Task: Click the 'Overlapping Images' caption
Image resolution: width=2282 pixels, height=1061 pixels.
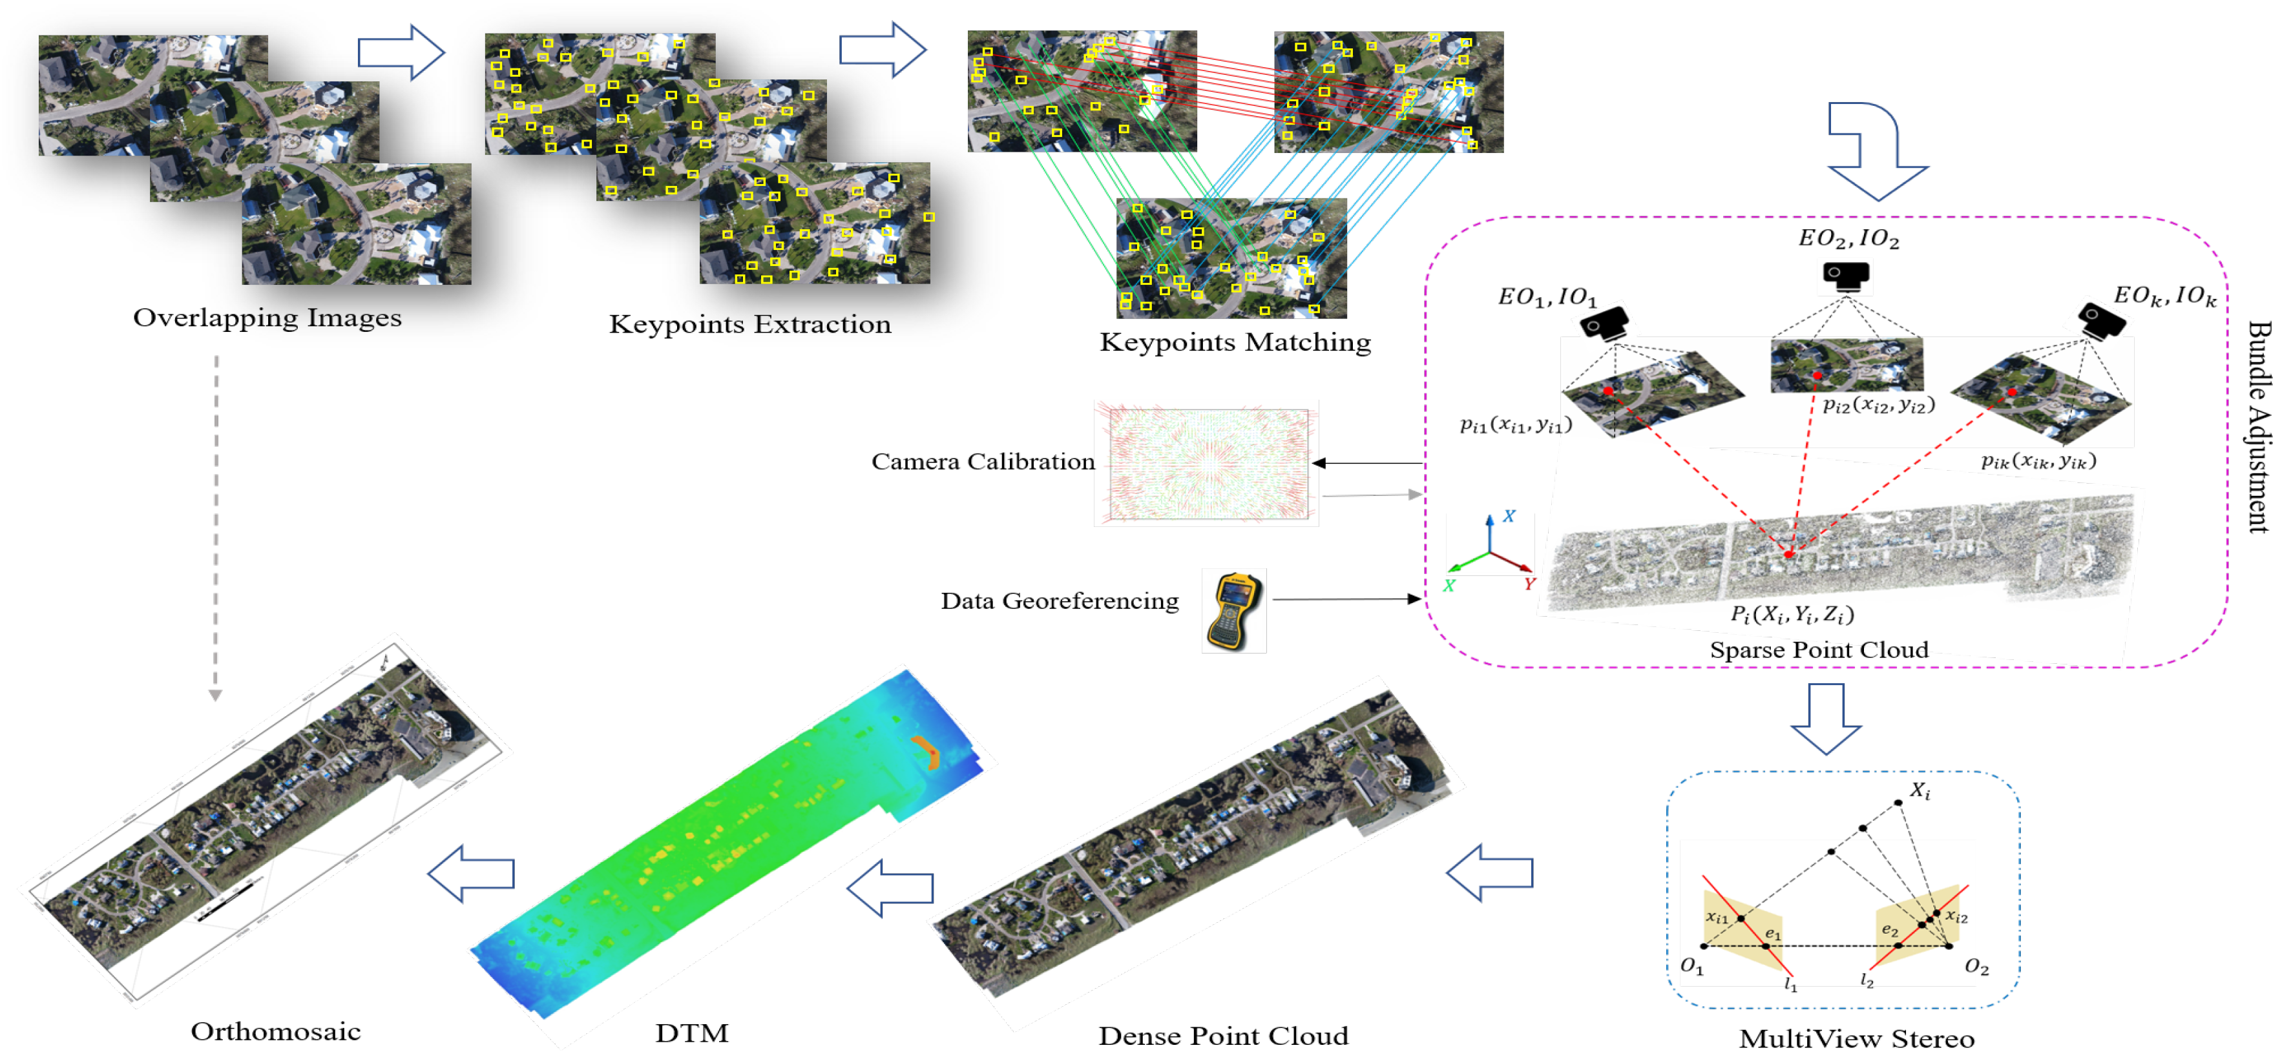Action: click(x=267, y=317)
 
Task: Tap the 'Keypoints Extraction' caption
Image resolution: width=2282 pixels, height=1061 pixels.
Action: click(x=749, y=324)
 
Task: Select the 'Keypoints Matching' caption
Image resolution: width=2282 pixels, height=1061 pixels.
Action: click(x=1235, y=342)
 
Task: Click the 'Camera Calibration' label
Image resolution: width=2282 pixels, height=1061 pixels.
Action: click(x=983, y=462)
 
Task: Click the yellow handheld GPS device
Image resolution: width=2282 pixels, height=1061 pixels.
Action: click(x=1233, y=611)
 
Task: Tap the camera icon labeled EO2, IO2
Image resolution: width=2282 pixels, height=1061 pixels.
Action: click(x=1846, y=276)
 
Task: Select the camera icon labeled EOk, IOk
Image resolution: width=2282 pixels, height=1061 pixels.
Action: click(x=2101, y=320)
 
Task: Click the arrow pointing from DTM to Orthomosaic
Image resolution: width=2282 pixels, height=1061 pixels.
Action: click(x=471, y=873)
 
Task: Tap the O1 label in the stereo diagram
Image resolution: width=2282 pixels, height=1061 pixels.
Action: click(x=1691, y=966)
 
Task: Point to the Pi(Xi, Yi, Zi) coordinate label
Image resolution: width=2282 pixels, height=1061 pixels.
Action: click(x=1791, y=613)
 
